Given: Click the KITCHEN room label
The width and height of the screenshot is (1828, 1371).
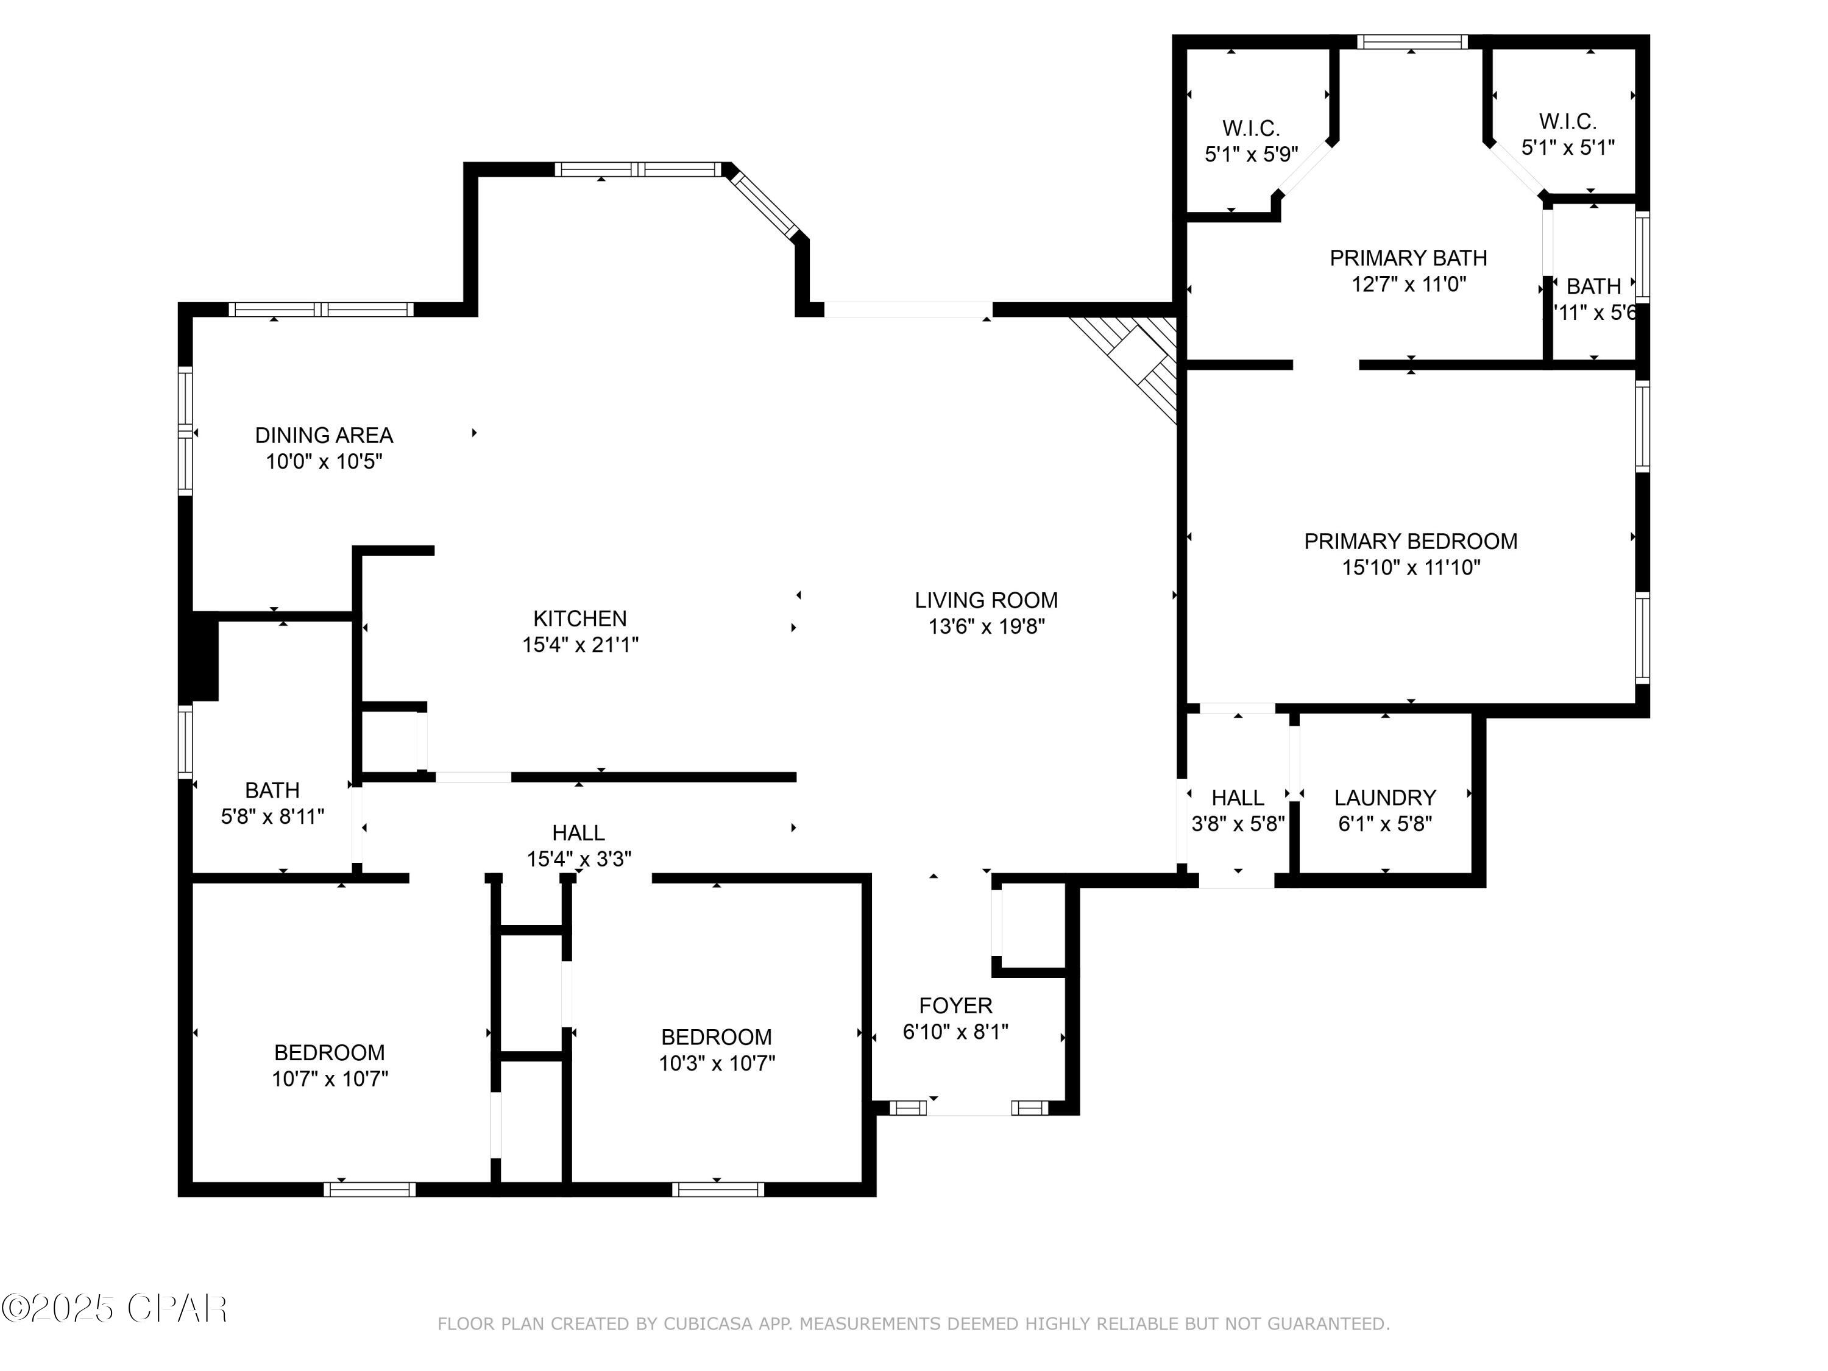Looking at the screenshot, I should [x=579, y=618].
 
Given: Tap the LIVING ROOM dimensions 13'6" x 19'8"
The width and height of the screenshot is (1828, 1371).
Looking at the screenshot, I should [x=986, y=626].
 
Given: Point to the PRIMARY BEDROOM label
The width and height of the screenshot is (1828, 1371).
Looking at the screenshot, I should [x=1410, y=541].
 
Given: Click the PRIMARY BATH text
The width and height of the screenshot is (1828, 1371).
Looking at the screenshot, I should [x=1408, y=258].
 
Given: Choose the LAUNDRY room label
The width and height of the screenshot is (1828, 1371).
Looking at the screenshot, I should [x=1384, y=798].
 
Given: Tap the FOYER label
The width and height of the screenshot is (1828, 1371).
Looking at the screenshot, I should [x=955, y=1006].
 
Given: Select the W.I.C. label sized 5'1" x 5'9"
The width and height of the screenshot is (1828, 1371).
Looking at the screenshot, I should [x=1250, y=141].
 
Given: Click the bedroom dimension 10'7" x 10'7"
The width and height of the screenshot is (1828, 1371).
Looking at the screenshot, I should [x=330, y=1079].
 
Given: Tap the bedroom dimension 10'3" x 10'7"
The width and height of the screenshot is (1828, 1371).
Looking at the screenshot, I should [x=717, y=1063].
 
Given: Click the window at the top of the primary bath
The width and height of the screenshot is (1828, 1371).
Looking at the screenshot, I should [x=1411, y=41].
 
